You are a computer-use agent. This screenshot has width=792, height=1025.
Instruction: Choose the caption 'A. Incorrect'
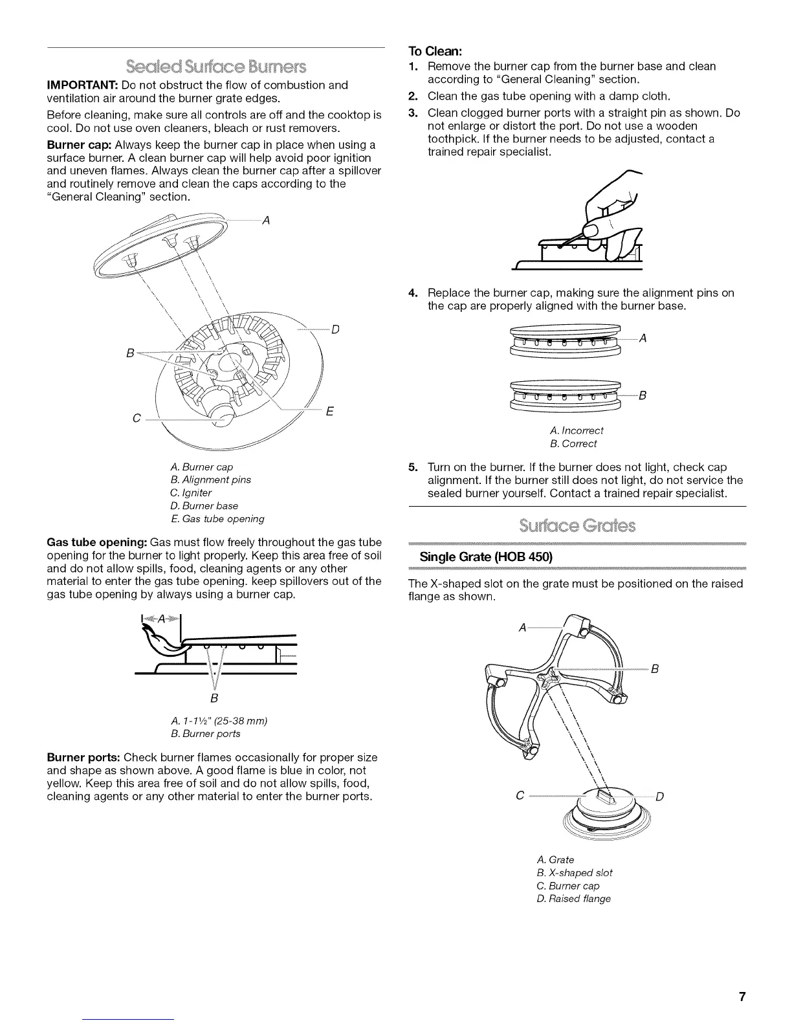pyautogui.click(x=575, y=430)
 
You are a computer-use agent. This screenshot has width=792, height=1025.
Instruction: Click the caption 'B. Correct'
pyautogui.click(x=573, y=443)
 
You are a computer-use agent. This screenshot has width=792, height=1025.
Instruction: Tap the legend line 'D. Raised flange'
pyautogui.click(x=573, y=898)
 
